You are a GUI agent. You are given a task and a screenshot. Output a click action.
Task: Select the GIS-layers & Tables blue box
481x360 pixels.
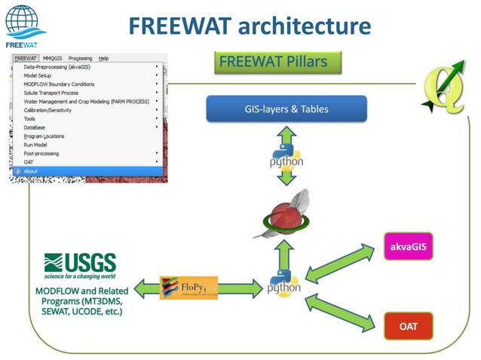tap(286, 109)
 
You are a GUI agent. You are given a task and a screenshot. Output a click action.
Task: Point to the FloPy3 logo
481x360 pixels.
tap(188, 287)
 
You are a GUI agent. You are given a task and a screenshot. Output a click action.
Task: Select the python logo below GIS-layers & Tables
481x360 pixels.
tap(286, 160)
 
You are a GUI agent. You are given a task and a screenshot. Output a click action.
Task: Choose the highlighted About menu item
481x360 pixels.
tap(31, 171)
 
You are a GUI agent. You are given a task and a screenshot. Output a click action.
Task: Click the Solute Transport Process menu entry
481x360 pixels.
tap(51, 93)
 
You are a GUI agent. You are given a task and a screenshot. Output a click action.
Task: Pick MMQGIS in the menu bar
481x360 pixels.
tap(53, 58)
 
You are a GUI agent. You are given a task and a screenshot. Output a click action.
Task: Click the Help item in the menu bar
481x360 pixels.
tap(103, 58)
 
